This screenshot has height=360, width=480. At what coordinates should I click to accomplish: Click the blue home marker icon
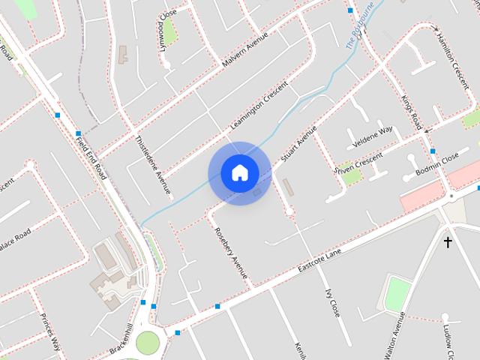(239, 173)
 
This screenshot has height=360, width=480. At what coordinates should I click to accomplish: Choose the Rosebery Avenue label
(231, 253)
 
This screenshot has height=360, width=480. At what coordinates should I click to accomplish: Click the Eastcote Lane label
(320, 261)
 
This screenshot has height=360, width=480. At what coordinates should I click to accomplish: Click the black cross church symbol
(448, 242)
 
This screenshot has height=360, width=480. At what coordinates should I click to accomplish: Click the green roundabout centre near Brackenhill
(148, 343)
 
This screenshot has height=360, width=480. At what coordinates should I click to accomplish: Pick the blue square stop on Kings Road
(433, 151)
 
